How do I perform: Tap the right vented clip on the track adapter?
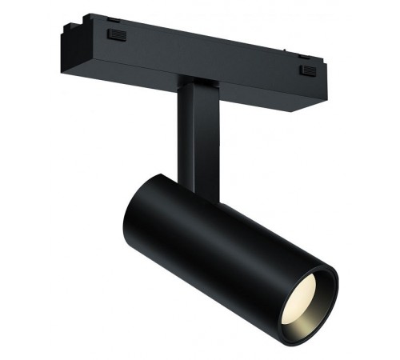pyautogui.click(x=307, y=71)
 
